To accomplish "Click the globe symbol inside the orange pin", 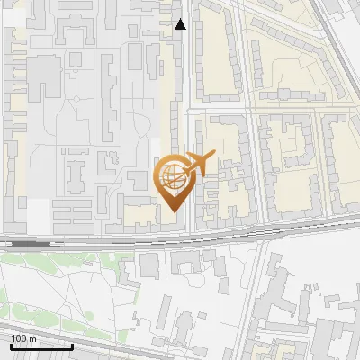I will [173, 177].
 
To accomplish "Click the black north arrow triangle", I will [181, 24].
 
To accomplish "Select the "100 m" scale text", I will [23, 338].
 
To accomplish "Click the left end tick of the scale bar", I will [11, 346].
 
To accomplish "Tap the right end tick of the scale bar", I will [73, 346].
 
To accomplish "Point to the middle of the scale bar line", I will [41, 347].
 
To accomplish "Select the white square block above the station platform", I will [38, 214].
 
